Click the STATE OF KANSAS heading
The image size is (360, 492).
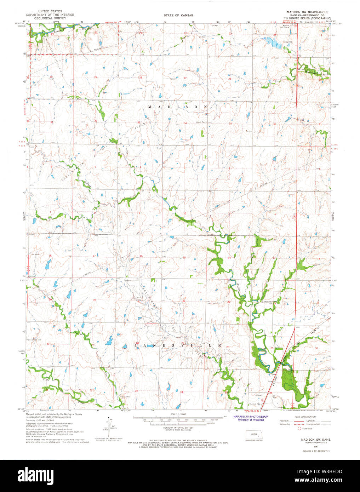178,16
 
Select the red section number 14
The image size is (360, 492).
229,258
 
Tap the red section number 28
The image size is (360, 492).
141,78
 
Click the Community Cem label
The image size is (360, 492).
269,302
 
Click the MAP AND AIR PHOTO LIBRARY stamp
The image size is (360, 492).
251,417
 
